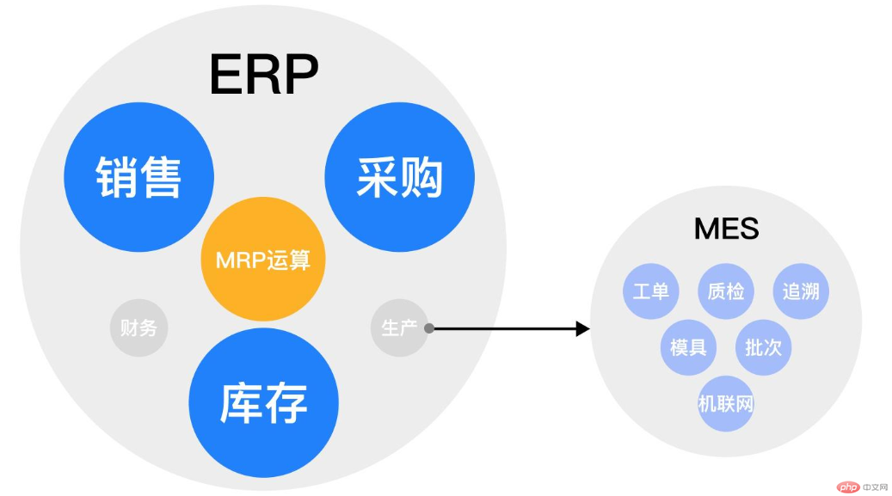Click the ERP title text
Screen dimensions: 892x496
(x=264, y=75)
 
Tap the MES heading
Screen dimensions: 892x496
(x=727, y=229)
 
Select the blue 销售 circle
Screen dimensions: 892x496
(x=138, y=177)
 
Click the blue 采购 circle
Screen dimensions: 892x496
(x=399, y=177)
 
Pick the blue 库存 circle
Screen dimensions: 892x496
(x=263, y=402)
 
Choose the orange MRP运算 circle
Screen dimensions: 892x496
(x=263, y=260)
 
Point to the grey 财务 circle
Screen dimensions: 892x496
(x=138, y=328)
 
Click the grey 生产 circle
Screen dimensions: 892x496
(x=399, y=328)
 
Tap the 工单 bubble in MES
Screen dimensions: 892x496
(x=651, y=291)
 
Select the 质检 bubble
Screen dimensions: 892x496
(x=726, y=291)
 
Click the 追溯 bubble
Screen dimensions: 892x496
(x=801, y=291)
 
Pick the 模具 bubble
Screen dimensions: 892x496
(x=688, y=347)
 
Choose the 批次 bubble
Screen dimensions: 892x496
(x=764, y=347)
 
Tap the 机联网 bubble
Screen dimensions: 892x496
(x=726, y=404)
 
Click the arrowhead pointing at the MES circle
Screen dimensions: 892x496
(x=582, y=328)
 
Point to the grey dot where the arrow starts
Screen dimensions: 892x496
(x=429, y=328)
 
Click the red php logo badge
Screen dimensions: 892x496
(x=848, y=487)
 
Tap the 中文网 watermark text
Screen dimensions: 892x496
(x=875, y=487)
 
